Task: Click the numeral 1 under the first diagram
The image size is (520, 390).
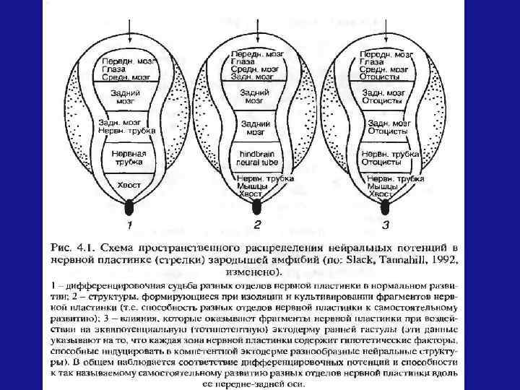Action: (x=129, y=225)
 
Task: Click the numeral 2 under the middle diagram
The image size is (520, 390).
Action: (x=257, y=225)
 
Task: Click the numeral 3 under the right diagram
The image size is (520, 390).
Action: (x=386, y=225)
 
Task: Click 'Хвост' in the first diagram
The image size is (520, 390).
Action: (x=129, y=186)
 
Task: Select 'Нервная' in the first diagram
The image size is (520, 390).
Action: (x=129, y=154)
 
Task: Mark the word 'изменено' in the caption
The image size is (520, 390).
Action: (x=252, y=272)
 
